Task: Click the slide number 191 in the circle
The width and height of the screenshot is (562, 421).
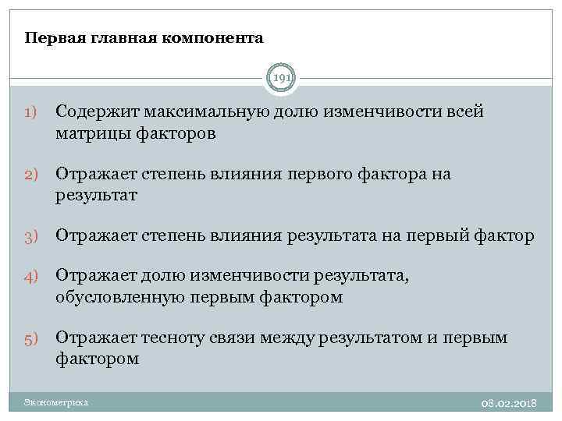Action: click(x=281, y=77)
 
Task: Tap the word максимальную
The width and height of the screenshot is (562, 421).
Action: click(x=203, y=111)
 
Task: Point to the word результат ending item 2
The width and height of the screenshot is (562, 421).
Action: click(x=96, y=196)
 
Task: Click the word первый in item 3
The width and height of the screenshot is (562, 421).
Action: click(x=438, y=235)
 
